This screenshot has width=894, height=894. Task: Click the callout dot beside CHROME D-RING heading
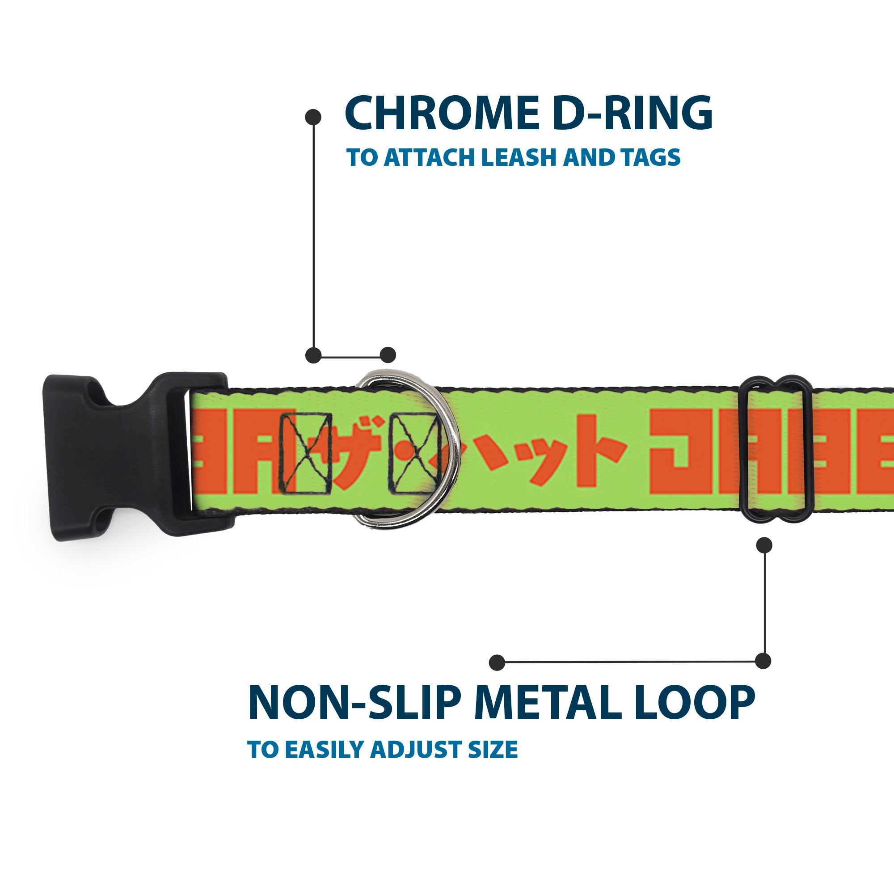coord(313,117)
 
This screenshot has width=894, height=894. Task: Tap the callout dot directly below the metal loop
coord(764,545)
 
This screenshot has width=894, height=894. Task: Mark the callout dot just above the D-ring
coord(388,355)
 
